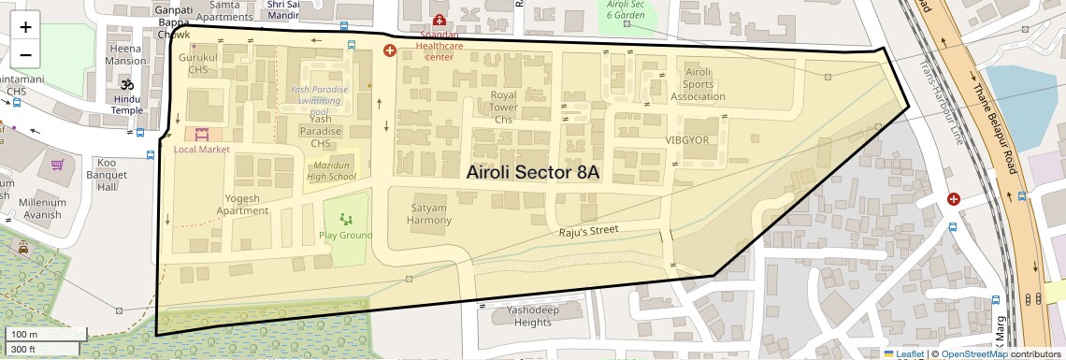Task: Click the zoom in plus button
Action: (25, 27)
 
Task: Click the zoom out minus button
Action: (25, 54)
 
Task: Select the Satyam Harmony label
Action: (428, 214)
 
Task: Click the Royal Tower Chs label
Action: (504, 107)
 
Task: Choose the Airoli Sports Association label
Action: (699, 84)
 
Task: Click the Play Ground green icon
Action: (346, 220)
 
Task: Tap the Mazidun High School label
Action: (331, 170)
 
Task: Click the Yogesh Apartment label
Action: (242, 204)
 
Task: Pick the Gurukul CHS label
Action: (197, 63)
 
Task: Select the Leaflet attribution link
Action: (903, 353)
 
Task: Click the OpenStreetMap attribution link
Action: (973, 353)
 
